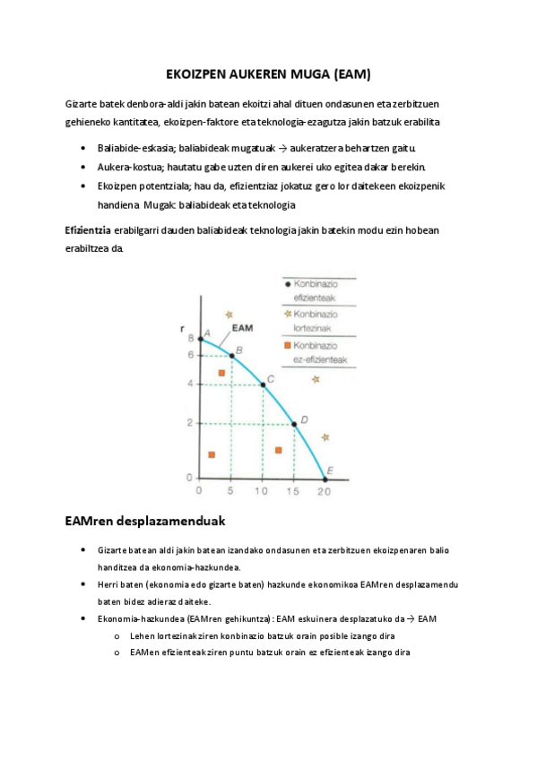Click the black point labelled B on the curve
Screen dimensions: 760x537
[231, 356]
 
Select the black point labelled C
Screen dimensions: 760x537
[262, 384]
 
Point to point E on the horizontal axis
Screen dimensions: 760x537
[325, 477]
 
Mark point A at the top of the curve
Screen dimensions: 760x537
[200, 339]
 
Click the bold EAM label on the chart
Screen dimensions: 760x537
[242, 329]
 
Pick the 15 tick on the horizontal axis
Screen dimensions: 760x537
[292, 491]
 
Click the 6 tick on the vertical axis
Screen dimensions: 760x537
[190, 356]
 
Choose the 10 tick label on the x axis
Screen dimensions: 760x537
[262, 491]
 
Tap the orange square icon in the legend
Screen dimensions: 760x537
[287, 345]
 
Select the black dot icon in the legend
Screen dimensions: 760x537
[287, 283]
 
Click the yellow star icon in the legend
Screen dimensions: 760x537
[287, 314]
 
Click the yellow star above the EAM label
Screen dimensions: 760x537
[230, 314]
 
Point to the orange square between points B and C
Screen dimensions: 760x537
[221, 372]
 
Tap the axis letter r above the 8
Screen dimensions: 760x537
[184, 329]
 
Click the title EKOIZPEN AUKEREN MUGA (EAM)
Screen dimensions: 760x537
[268, 72]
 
